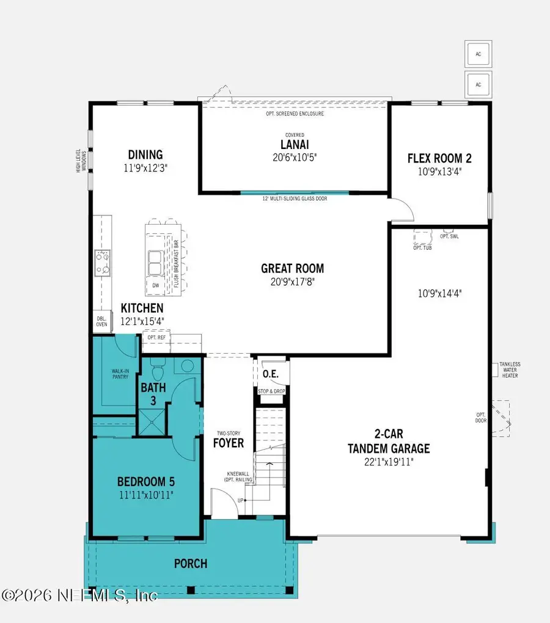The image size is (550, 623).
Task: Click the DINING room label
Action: click(145, 155)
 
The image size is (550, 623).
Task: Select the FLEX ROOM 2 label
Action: click(439, 159)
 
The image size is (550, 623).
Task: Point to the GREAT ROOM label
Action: click(292, 268)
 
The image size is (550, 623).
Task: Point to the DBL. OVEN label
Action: click(101, 321)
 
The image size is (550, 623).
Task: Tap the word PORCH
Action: click(189, 563)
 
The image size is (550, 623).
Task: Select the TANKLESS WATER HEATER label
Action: click(510, 370)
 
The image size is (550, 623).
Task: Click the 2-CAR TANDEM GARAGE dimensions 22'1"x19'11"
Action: click(389, 462)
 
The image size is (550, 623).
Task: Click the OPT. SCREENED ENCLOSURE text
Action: click(295, 114)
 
